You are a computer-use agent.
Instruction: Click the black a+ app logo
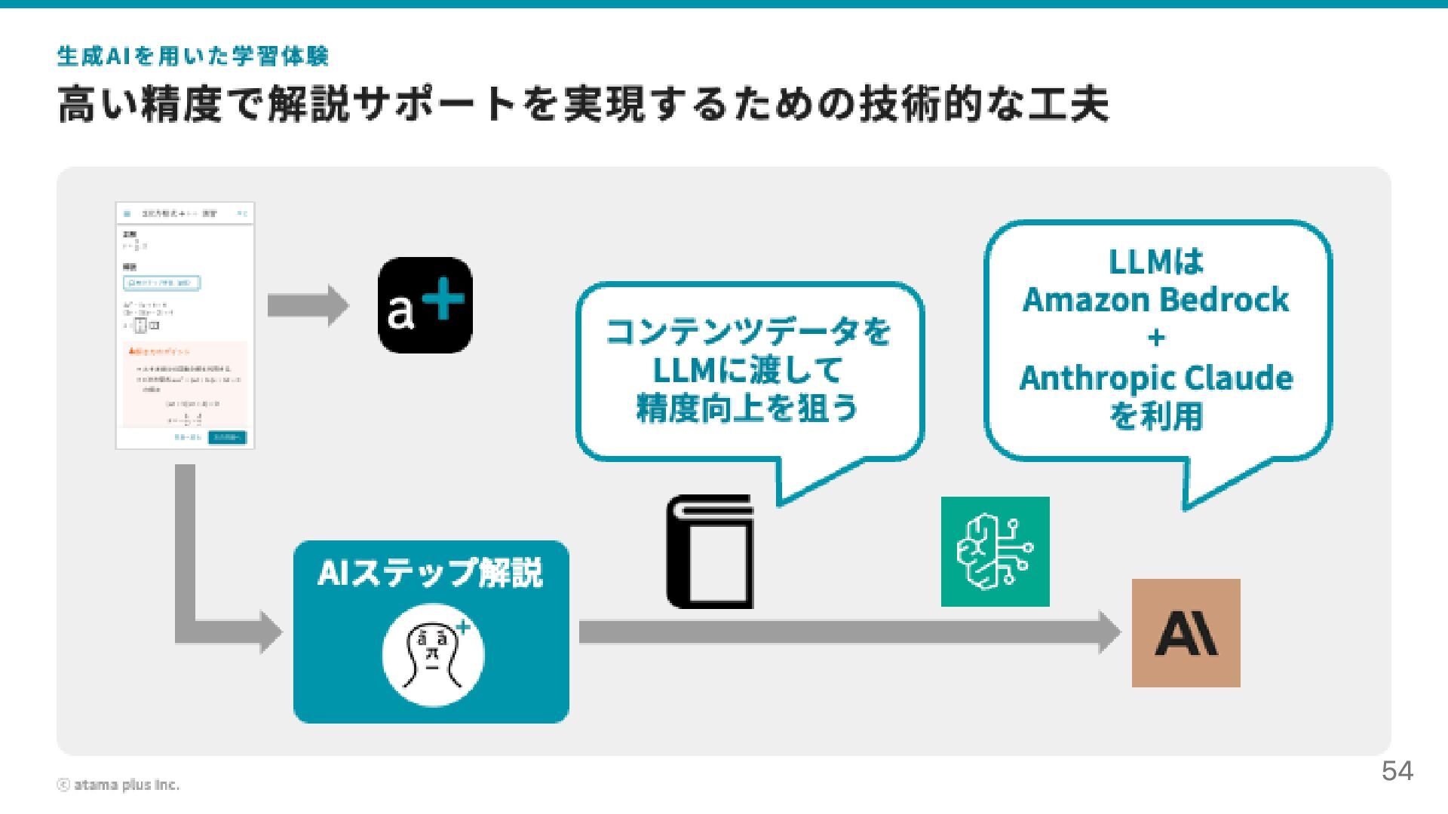point(425,305)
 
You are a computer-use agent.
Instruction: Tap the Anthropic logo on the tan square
point(1186,633)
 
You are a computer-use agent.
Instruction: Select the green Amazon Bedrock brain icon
point(995,551)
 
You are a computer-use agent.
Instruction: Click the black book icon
point(710,552)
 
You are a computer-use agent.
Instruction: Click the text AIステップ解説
point(430,573)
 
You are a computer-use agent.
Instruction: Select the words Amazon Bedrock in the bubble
point(1155,300)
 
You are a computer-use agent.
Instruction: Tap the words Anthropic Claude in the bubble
point(1155,378)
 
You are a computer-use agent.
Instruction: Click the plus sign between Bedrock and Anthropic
point(1155,338)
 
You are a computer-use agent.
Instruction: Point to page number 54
point(1397,771)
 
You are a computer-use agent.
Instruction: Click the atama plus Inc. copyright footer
point(118,785)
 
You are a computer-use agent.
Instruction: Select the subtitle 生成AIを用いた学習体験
point(193,56)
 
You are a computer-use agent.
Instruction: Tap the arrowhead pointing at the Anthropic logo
point(1109,632)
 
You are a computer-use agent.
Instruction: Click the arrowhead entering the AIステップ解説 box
point(271,632)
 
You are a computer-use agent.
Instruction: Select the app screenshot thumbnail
point(185,325)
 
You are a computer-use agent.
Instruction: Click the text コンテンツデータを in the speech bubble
point(749,332)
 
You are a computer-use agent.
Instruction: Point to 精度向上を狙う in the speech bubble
point(749,408)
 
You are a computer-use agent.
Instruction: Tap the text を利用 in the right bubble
point(1155,416)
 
